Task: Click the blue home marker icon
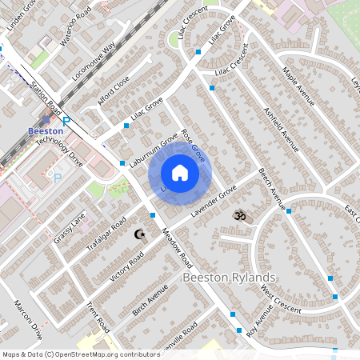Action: [180, 173]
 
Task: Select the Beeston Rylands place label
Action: [230, 278]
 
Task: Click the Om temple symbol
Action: [238, 215]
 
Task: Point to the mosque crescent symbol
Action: [140, 234]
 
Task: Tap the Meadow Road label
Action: [178, 250]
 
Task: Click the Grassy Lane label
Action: [70, 228]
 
